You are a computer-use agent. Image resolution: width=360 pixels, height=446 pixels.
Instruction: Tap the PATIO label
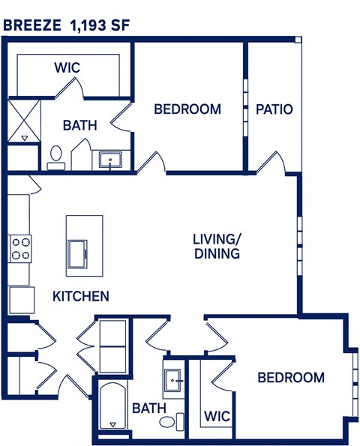pos(274,109)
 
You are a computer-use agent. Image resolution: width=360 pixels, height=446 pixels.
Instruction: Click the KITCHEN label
pos(80,296)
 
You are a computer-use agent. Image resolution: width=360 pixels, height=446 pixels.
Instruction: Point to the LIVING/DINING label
pos(216,247)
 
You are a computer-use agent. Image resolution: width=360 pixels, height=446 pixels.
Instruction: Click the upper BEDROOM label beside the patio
pos(187,109)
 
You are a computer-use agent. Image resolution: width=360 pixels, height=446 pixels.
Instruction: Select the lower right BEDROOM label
pos(291,377)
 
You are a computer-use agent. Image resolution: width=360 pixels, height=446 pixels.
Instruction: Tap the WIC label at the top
pos(67,67)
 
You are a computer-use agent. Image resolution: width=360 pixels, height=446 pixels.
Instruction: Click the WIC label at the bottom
pos(216,415)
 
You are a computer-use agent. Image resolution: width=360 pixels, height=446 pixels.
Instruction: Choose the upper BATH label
pos(79,125)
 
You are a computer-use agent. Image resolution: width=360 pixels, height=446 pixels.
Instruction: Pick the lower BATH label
pos(148,409)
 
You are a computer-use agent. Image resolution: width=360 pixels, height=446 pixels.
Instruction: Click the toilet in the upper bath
pos(55,157)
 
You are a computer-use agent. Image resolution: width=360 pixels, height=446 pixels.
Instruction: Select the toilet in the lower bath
pos(169,421)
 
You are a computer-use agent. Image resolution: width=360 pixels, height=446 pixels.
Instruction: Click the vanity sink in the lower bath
pos(173,381)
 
